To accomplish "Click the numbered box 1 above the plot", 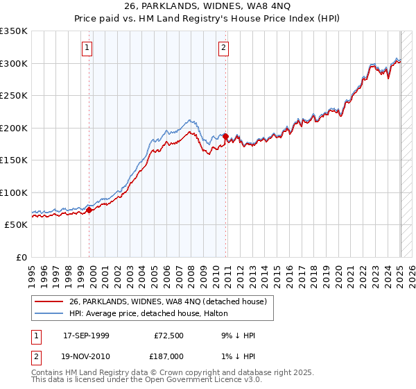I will (87, 48).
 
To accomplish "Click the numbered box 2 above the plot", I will (224, 48).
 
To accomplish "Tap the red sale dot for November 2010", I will (226, 136).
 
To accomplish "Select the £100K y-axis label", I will (14, 192).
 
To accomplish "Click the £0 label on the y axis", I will (21, 257).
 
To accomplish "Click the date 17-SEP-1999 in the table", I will (86, 336).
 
